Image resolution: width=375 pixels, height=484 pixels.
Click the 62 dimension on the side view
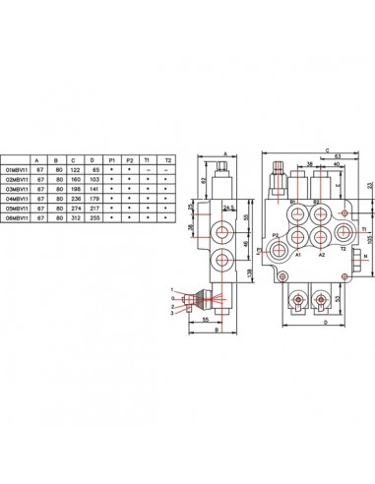coord(204,181)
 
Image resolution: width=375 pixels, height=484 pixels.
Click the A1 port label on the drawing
coord(294,254)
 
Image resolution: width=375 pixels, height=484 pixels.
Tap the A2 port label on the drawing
coord(321,254)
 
